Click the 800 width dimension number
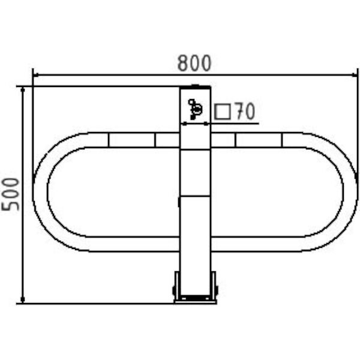(x=194, y=63)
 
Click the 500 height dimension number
(x=10, y=194)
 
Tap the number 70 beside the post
(x=245, y=111)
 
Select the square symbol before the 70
(x=222, y=112)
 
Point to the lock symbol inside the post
(x=195, y=109)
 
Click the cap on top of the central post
(x=195, y=87)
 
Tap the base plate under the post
(x=195, y=302)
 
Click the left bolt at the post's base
(x=174, y=290)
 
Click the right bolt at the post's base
(x=216, y=290)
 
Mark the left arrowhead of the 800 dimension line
(x=35, y=75)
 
